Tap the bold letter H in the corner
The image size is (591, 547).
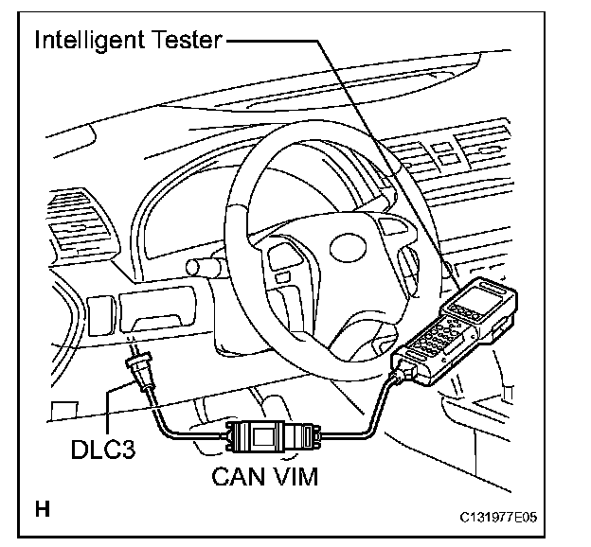pyautogui.click(x=43, y=509)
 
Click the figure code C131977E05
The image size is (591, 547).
pyautogui.click(x=505, y=518)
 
